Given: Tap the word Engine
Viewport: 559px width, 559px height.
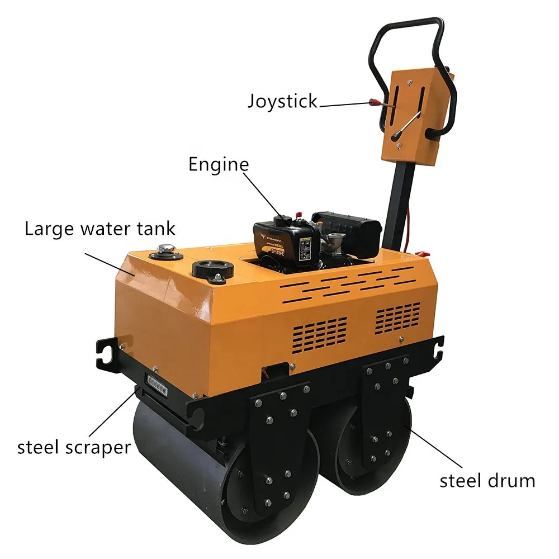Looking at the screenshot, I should click(x=218, y=164).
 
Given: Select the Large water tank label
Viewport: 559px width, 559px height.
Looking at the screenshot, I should click(x=100, y=229).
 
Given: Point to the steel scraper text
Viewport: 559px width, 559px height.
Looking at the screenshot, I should click(x=74, y=447).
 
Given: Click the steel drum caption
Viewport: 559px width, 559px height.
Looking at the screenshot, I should click(x=487, y=480).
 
